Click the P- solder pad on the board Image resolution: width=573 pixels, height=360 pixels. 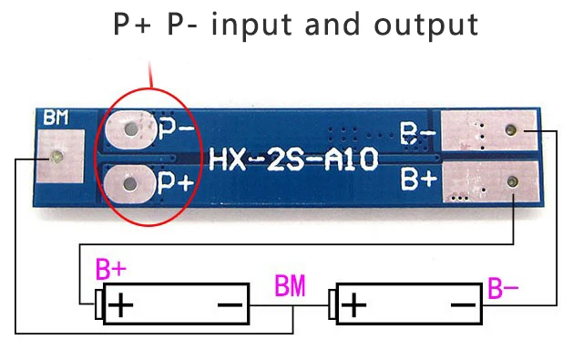click(x=130, y=129)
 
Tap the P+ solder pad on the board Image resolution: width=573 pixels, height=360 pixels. click(x=129, y=184)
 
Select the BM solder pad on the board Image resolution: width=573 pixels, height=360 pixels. click(x=61, y=156)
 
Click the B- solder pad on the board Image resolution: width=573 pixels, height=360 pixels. click(x=489, y=130)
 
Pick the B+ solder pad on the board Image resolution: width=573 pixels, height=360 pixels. click(x=490, y=181)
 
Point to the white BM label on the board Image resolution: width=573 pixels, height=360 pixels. click(x=56, y=118)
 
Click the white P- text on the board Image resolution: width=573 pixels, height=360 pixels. click(x=177, y=129)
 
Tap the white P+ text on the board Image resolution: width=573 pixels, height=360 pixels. click(x=176, y=182)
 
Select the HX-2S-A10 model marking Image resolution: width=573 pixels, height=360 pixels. click(x=293, y=159)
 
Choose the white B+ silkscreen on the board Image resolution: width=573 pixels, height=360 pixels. click(x=419, y=179)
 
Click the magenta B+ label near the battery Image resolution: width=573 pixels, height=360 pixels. click(x=111, y=269)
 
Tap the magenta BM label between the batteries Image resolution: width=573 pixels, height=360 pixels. click(x=290, y=285)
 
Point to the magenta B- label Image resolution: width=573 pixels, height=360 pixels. click(x=503, y=288)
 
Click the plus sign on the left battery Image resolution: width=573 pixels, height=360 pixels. click(x=121, y=304)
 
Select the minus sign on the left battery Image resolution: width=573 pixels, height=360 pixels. click(x=230, y=304)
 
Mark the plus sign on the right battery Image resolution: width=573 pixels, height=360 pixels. click(x=353, y=304)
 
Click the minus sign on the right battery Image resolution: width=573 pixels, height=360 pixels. click(x=463, y=304)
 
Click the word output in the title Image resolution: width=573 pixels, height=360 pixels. click(x=426, y=25)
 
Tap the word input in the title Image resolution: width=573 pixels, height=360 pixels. click(x=251, y=24)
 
